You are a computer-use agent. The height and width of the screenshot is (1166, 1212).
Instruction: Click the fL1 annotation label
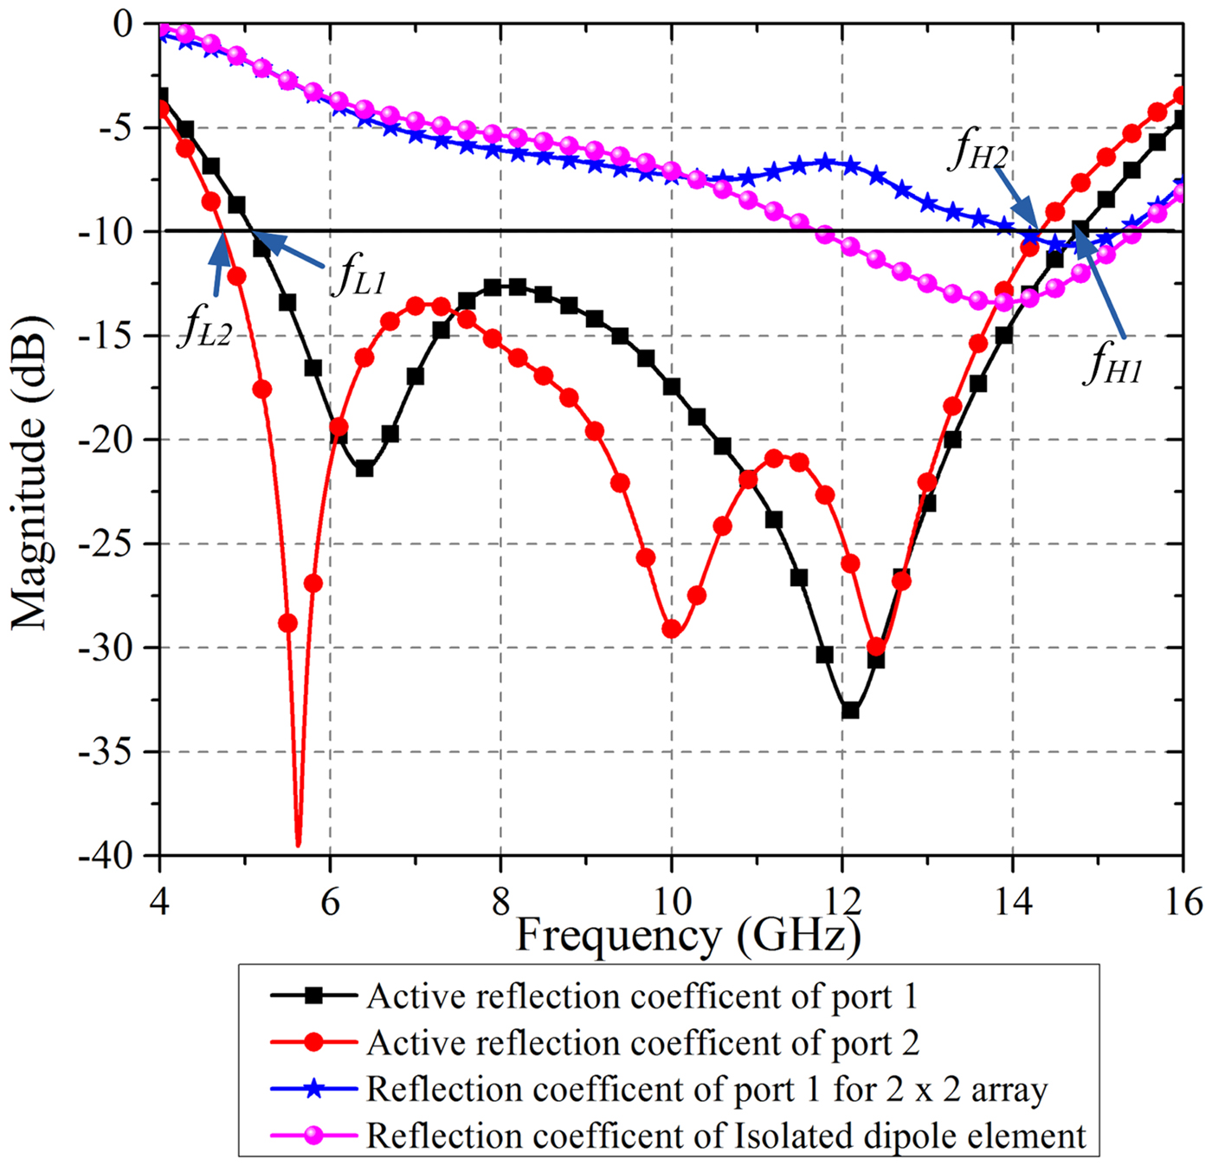[x=358, y=277]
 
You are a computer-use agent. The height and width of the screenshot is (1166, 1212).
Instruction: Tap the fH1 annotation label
[x=1114, y=364]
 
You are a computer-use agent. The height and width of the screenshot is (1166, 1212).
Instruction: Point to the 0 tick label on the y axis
[x=124, y=23]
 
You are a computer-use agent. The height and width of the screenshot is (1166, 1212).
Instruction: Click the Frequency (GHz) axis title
[x=688, y=935]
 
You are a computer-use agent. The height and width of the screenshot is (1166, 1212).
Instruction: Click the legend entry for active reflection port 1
[x=641, y=996]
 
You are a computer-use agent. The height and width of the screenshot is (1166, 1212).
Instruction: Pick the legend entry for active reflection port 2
[x=641, y=1042]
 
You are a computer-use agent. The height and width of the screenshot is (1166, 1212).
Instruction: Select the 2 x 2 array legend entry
[x=706, y=1089]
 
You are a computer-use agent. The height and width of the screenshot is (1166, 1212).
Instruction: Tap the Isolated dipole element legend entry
[x=725, y=1135]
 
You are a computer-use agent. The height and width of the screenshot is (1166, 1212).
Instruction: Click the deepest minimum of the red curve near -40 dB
[x=299, y=844]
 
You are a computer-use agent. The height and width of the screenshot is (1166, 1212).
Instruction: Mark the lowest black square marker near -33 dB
[x=850, y=710]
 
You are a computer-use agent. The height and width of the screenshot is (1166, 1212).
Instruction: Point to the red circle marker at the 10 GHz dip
[x=671, y=629]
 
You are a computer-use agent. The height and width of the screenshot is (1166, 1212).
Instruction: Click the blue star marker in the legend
[x=314, y=1089]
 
